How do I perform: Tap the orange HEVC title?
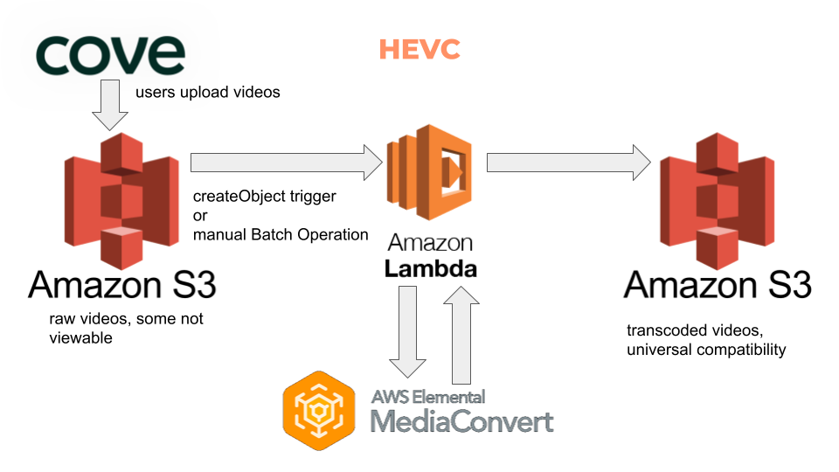point(419,50)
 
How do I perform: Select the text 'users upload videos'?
point(207,92)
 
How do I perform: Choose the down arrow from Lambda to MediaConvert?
point(406,332)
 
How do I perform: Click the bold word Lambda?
point(431,268)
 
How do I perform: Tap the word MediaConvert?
point(462,421)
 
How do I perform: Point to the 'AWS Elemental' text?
point(428,397)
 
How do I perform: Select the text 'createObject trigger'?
point(264,196)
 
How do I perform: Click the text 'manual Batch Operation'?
point(281,234)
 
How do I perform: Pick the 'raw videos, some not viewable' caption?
point(126,328)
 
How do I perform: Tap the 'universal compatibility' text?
point(706,350)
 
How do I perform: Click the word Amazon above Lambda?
point(431,242)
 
